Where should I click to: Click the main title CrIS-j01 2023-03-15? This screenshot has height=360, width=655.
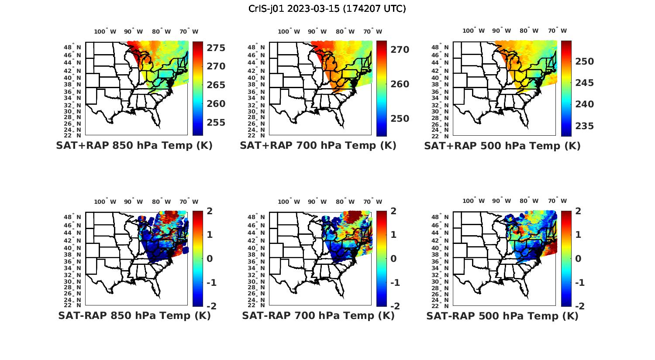point(327,8)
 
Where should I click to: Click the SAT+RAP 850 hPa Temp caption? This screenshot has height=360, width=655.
point(134,146)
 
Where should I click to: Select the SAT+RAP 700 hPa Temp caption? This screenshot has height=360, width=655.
point(318,146)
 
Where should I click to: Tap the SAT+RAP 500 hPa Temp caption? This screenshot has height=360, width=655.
point(502,146)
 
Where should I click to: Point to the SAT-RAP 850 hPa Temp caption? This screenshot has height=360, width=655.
point(134,315)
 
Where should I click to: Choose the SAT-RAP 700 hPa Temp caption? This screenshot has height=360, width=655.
point(318,315)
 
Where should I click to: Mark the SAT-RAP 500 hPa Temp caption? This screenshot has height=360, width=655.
point(502,315)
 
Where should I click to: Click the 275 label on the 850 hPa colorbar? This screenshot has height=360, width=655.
point(216,48)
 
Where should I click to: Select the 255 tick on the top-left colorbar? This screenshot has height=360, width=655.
point(216,123)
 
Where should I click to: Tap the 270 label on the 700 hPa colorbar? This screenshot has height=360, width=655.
point(400,50)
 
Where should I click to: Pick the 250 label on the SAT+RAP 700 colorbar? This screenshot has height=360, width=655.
point(400,119)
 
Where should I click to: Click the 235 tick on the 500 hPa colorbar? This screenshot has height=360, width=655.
point(584,126)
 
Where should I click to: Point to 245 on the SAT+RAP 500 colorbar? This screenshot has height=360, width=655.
point(584,83)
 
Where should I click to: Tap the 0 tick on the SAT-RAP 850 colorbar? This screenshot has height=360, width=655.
point(209,259)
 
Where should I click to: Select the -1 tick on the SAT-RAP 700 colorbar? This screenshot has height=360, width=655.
point(395,283)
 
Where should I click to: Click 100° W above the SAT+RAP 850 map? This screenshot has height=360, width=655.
point(105,31)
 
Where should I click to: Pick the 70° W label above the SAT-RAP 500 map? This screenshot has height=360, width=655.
point(558,202)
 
